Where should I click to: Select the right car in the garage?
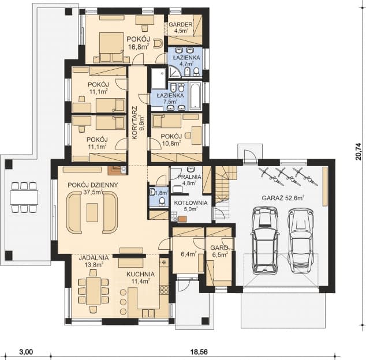[x=300, y=239]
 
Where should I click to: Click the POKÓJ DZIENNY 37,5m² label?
[x=93, y=188]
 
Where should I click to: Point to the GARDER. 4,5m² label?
[x=180, y=27]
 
